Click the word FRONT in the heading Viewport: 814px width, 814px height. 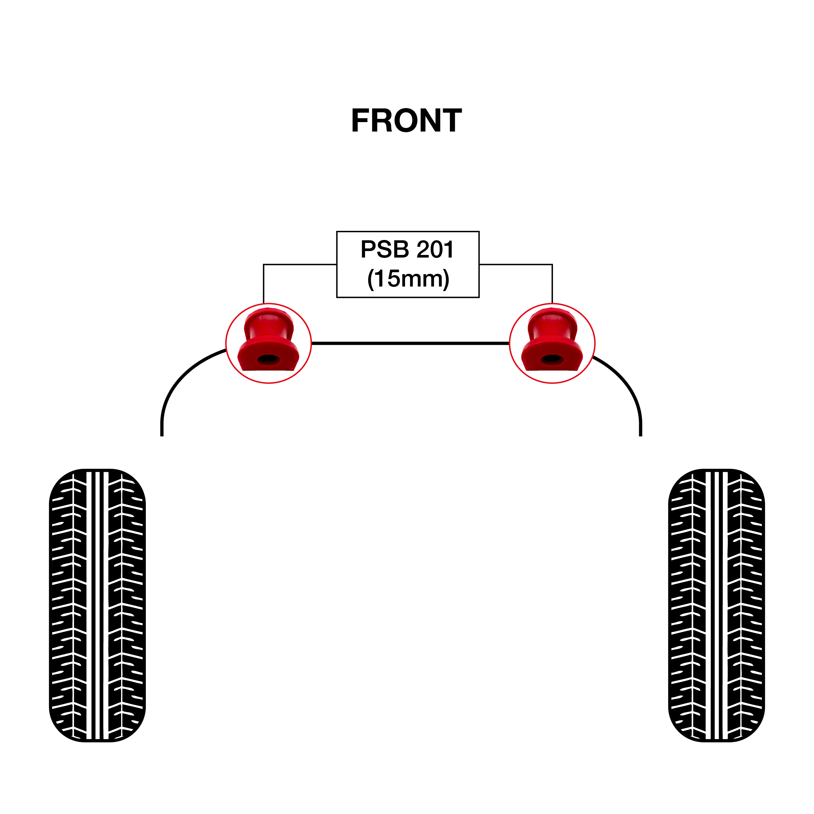[x=407, y=120]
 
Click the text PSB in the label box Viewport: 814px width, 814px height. [x=385, y=249]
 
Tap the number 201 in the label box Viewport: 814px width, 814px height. [x=435, y=249]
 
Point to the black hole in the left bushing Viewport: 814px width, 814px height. [x=268, y=359]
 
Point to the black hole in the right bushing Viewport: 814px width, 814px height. [x=552, y=359]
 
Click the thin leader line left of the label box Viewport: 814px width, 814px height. [x=295, y=265]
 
